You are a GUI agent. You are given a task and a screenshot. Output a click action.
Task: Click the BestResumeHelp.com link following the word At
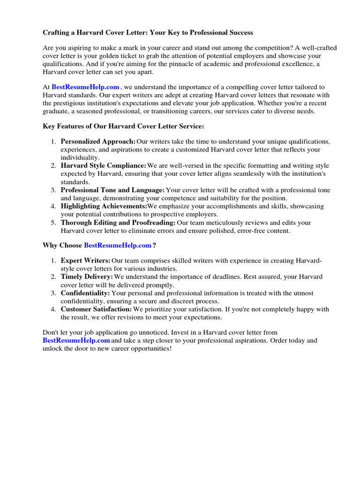point(85,87)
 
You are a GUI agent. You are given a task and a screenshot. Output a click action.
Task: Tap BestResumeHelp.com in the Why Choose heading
point(118,245)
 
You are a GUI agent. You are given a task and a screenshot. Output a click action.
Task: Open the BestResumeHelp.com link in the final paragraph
point(76,340)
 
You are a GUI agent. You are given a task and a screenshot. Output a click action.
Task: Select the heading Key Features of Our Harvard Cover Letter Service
point(123,127)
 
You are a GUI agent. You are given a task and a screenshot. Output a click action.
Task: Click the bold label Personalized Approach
point(98,142)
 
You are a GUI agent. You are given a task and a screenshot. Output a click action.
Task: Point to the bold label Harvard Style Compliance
point(103,166)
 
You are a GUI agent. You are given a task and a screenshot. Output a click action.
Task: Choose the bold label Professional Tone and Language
point(112,190)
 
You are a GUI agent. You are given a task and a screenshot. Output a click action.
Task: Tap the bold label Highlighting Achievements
point(104,206)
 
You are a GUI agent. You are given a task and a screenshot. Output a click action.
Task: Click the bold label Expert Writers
point(85,261)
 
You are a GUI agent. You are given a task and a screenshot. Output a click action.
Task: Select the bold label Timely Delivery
point(87,277)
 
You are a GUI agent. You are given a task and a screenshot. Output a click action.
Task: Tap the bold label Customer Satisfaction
point(96,309)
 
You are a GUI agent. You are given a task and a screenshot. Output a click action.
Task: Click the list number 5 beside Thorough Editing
point(53,223)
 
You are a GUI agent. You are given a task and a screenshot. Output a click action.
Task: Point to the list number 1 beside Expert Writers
point(53,261)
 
